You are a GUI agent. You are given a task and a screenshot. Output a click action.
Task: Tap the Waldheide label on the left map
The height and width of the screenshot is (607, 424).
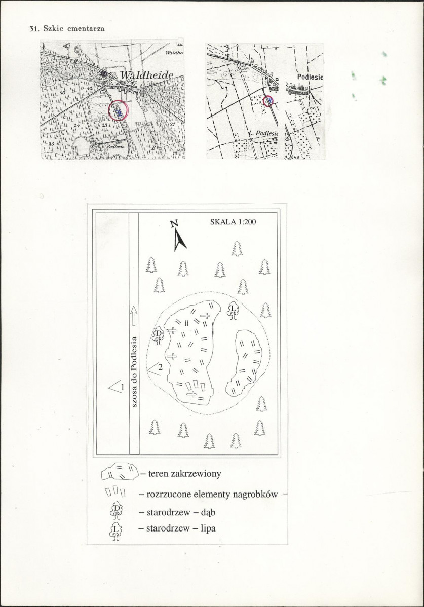[147, 75]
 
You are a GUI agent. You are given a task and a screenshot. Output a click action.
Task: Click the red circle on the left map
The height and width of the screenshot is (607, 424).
[119, 110]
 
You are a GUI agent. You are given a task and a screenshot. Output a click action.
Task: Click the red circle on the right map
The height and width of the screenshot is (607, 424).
[268, 101]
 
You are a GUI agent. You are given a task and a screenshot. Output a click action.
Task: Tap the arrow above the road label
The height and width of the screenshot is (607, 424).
[134, 315]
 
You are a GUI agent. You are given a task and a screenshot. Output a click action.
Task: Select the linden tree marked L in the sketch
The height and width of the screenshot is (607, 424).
[233, 310]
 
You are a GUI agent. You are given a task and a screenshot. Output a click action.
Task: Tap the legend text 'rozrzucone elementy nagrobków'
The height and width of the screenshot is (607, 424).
[212, 495]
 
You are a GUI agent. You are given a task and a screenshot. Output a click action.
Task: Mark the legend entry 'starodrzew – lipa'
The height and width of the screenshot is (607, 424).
[180, 529]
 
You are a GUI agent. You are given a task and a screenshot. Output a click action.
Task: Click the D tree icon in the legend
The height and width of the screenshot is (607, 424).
[117, 510]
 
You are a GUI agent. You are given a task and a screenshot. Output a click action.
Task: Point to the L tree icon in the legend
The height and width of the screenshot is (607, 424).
[117, 531]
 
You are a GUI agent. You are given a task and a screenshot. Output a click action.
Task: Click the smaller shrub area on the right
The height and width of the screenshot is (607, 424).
[244, 362]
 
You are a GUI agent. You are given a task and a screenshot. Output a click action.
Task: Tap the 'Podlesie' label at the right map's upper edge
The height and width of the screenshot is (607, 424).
[310, 77]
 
